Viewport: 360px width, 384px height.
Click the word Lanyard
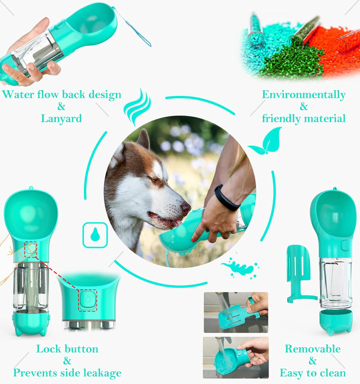click(x=61, y=119)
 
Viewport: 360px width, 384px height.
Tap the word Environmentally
click(x=304, y=95)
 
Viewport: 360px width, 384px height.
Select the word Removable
click(x=313, y=349)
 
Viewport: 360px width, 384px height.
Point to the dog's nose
click(x=186, y=208)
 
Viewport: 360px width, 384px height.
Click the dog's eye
click(x=153, y=180)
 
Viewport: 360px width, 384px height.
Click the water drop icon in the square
click(x=95, y=234)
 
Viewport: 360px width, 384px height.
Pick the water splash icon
click(x=240, y=268)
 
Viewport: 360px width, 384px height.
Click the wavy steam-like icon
click(x=137, y=107)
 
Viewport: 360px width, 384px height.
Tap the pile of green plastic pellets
click(x=291, y=61)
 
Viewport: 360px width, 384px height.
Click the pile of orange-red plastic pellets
click(x=338, y=51)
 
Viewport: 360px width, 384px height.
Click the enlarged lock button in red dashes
click(x=88, y=300)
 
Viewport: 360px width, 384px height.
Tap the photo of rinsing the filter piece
click(x=236, y=312)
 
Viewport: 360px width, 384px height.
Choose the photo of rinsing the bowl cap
click(x=236, y=357)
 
